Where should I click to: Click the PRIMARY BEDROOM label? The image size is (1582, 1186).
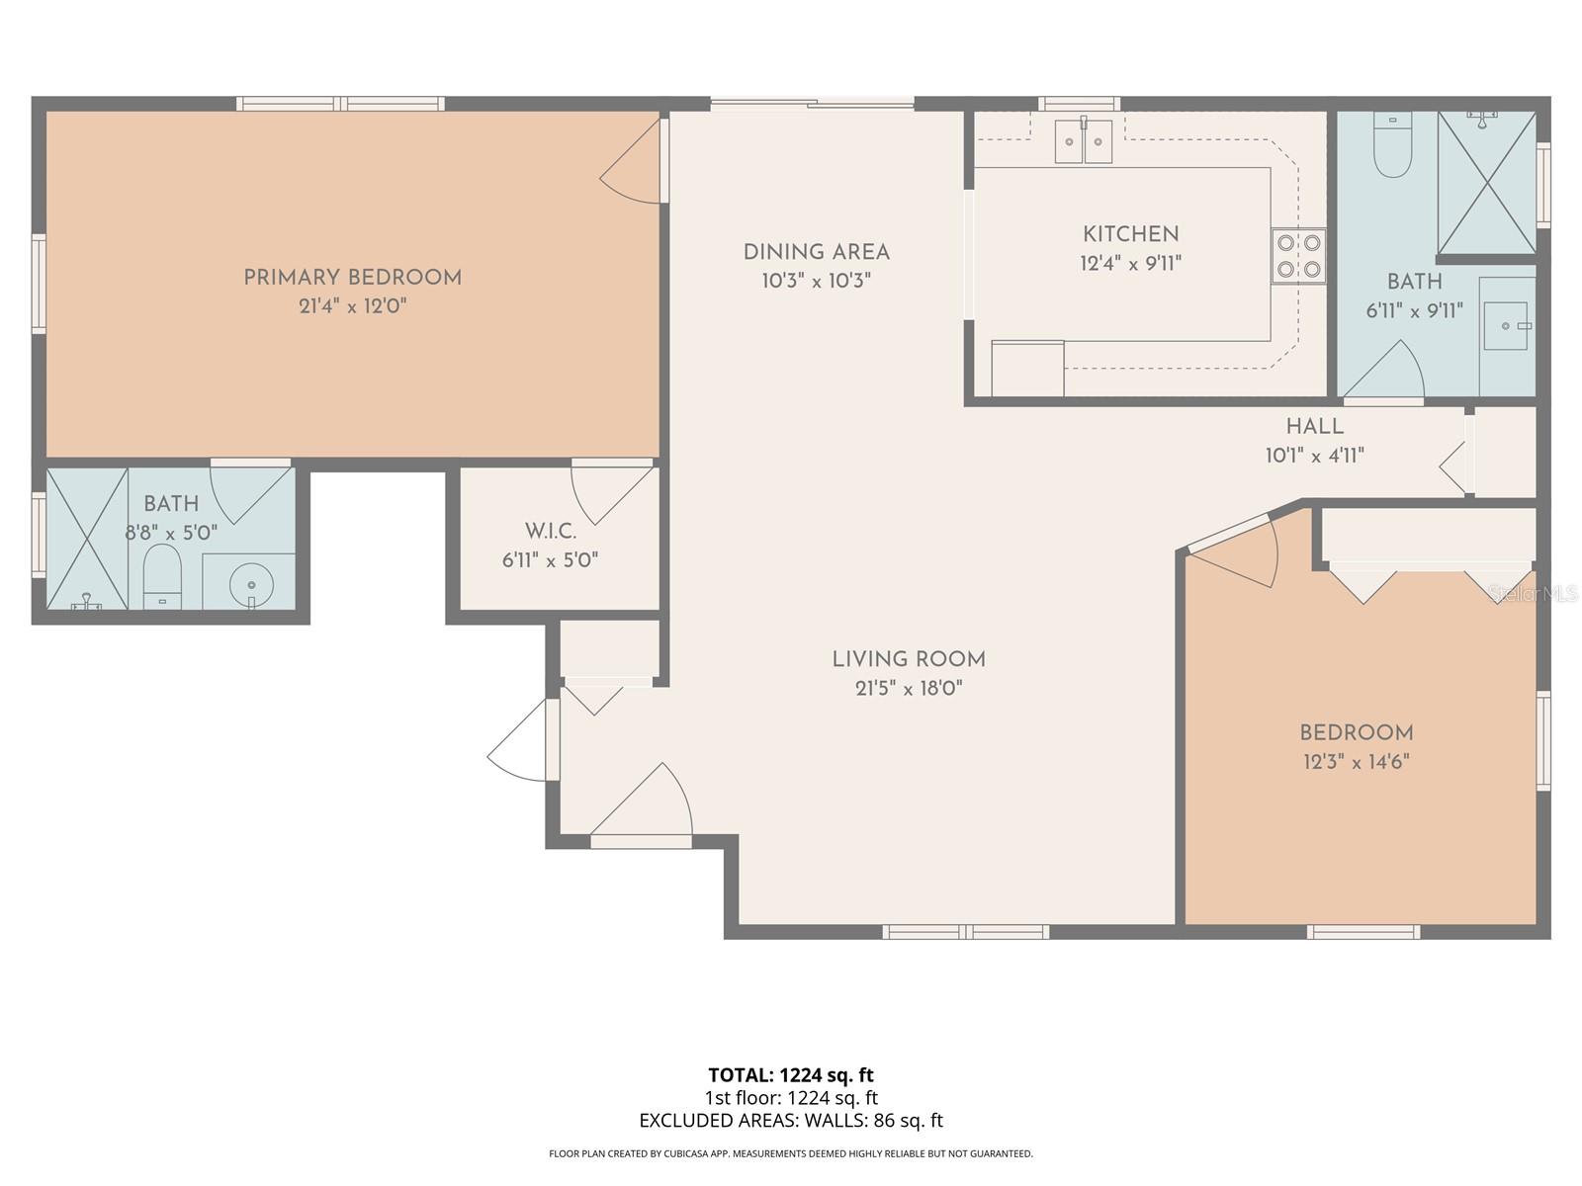353,278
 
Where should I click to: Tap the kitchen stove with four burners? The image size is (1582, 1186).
1298,256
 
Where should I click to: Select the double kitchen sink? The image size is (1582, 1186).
1084,141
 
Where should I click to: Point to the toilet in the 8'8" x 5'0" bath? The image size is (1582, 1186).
162,577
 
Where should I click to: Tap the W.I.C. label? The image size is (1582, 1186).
551,532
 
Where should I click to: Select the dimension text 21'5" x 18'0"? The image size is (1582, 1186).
909,688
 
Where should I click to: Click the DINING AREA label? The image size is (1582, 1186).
816,252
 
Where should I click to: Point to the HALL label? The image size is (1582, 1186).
1314,426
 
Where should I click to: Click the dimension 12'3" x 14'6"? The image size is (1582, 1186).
1356,762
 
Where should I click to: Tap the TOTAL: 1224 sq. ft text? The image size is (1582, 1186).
790,1075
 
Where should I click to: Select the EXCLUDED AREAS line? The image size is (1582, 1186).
790,1121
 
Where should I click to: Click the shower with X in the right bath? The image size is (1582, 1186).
1486,183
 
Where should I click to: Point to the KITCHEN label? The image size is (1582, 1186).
1130,234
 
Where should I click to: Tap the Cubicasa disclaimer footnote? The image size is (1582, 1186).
790,1153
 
